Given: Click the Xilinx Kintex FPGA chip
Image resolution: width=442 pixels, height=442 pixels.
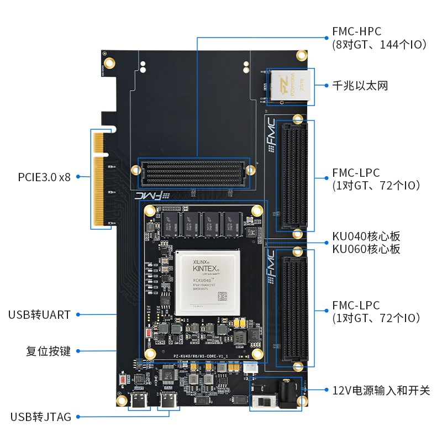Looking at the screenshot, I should tap(206, 282).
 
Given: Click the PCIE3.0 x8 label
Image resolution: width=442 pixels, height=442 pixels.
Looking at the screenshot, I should tap(44, 177).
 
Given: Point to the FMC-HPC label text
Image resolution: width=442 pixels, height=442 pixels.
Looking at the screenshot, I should tap(356, 31).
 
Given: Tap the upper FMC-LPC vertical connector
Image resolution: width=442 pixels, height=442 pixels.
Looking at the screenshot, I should tap(293, 177).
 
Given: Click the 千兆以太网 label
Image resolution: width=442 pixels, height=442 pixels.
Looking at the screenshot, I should tap(360, 86).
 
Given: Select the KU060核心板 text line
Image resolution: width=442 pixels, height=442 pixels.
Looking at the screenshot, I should tap(366, 249).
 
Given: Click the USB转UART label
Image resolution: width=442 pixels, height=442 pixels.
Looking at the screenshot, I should tap(39, 315).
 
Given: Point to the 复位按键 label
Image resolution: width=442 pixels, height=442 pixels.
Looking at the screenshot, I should tap(49, 351).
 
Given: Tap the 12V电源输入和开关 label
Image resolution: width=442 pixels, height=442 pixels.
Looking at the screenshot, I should tap(381, 390).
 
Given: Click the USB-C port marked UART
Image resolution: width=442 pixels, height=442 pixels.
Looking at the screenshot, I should tap(139, 404).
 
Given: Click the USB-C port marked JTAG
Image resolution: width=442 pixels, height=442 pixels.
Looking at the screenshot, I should tap(169, 404).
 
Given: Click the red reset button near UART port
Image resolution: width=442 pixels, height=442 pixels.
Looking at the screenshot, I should tap(122, 380).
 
